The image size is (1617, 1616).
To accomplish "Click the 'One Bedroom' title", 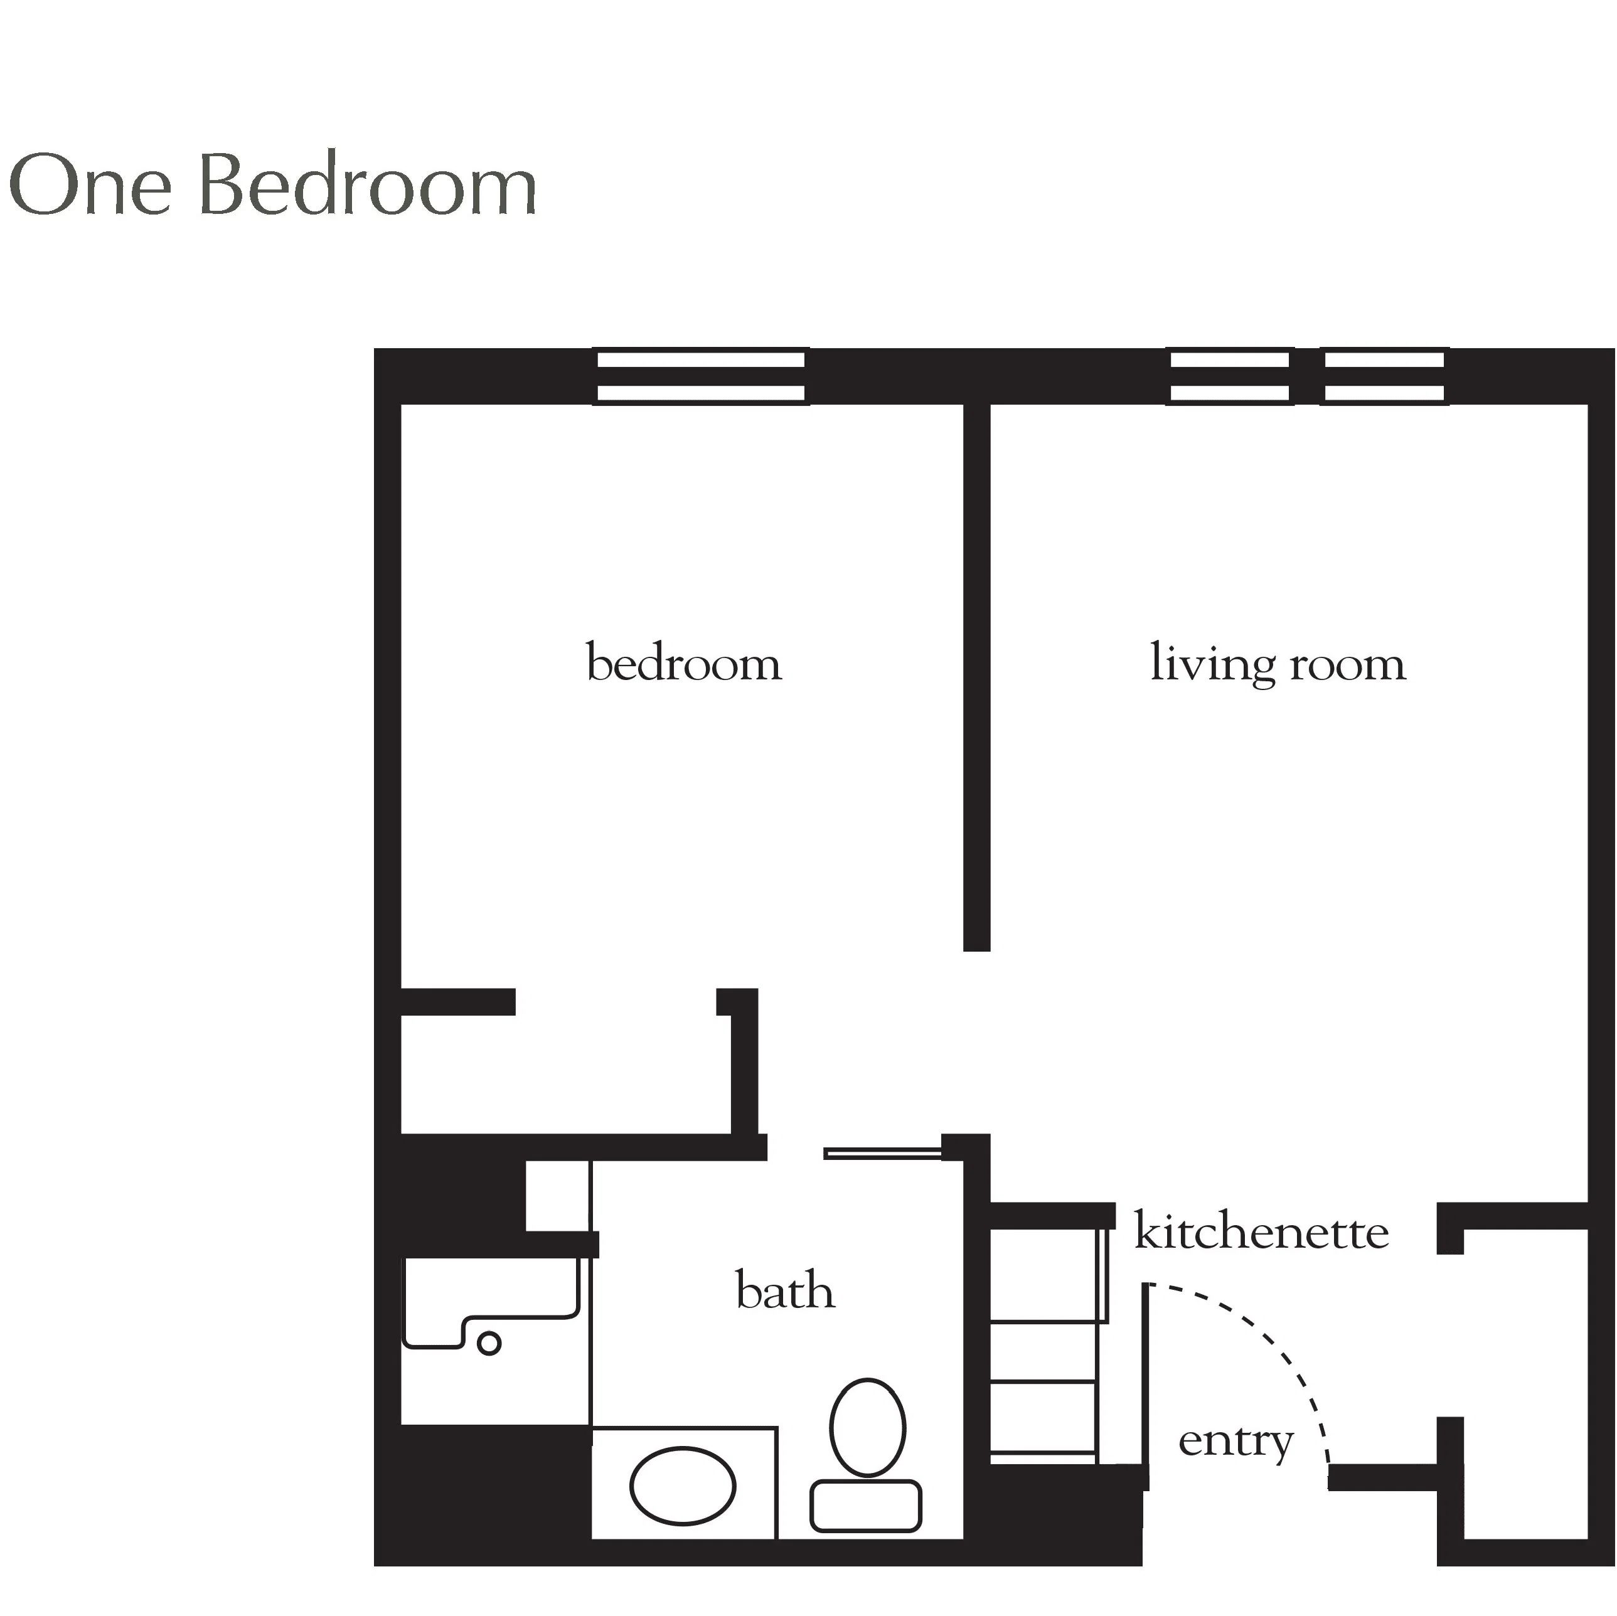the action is (x=273, y=185).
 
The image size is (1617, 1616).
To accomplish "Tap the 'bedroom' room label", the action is (x=684, y=663).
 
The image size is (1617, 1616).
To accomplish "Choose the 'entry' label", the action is (x=1236, y=1443).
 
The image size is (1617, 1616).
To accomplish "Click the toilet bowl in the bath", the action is (x=867, y=1428).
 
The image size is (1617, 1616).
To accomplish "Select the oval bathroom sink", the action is (x=682, y=1486).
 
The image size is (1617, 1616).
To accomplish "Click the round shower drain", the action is (x=489, y=1343).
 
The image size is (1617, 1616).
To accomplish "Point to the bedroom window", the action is (x=700, y=376).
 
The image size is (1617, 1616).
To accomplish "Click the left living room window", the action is (x=1229, y=376).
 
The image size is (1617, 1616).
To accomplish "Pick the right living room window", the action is (x=1384, y=376).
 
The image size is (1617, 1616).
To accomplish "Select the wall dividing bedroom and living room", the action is (x=977, y=677).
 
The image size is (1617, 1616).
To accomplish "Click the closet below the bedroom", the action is (x=566, y=1075).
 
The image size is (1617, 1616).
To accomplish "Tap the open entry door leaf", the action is (x=1146, y=1386).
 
